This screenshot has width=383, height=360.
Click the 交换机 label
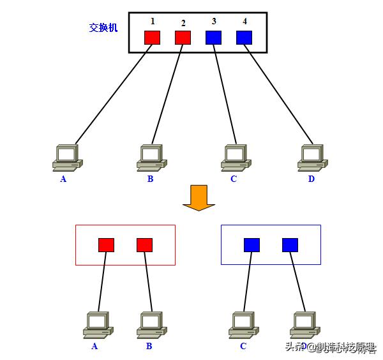click(103, 29)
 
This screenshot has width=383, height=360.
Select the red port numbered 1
click(152, 37)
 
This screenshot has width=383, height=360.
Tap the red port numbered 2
click(183, 37)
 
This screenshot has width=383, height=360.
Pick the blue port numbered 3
click(213, 37)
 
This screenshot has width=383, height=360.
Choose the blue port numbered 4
click(244, 37)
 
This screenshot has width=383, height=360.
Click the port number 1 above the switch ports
click(153, 21)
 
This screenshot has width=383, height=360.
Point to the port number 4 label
click(244, 21)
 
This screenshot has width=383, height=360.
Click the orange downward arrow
click(199, 197)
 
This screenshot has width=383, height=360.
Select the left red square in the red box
click(106, 244)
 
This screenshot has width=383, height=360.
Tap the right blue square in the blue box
click(290, 244)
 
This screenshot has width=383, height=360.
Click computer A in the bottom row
click(98, 324)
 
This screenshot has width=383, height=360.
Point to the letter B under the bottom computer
click(149, 346)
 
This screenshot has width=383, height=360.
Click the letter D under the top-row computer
click(312, 179)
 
